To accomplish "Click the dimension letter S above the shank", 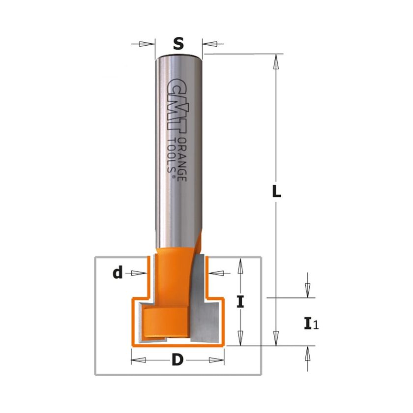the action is click(x=178, y=44).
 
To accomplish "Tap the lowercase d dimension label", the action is click(x=118, y=272).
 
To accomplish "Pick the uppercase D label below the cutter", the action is click(x=177, y=359).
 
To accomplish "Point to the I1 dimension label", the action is click(x=311, y=324).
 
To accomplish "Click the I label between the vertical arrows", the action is click(x=240, y=301).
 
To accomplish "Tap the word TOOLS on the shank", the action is click(x=171, y=155).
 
